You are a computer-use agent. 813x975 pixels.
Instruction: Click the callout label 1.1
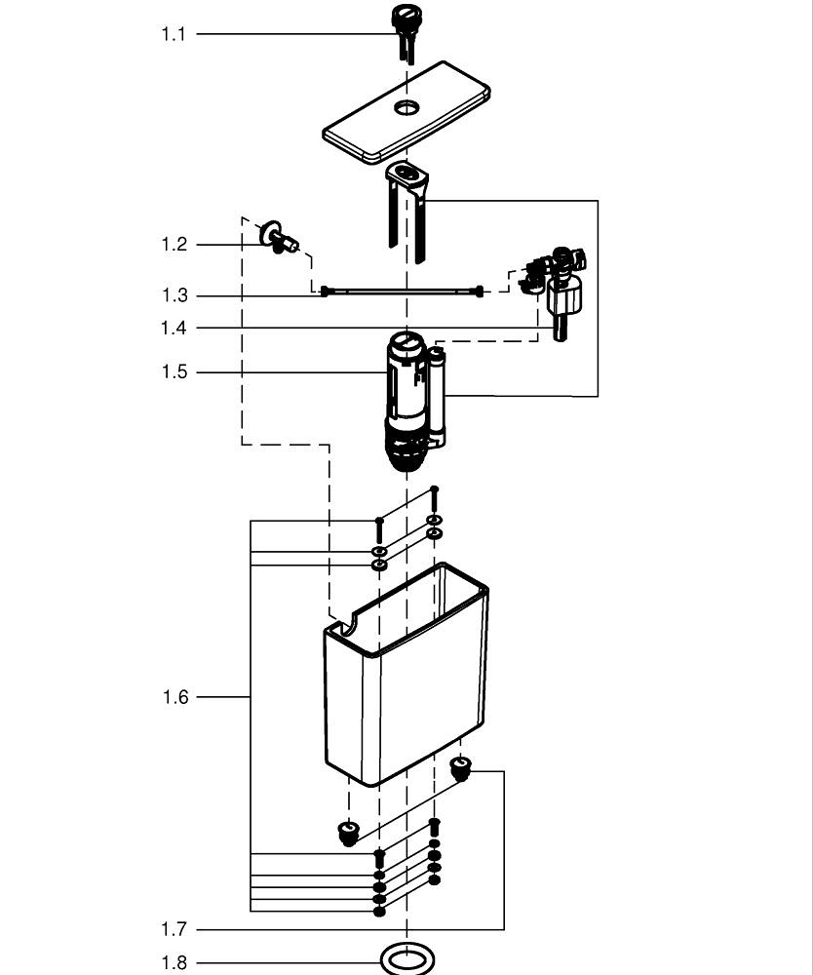(174, 34)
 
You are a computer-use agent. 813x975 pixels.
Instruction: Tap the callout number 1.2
(174, 245)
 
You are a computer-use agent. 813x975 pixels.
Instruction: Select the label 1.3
(174, 295)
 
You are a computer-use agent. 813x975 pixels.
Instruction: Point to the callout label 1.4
(174, 328)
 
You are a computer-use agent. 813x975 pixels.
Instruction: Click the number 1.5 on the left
(174, 371)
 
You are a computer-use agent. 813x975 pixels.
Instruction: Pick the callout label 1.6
(175, 697)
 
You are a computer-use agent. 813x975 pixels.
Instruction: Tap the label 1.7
(174, 929)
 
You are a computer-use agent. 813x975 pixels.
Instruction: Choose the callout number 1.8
(174, 963)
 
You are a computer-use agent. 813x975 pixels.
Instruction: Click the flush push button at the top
(407, 18)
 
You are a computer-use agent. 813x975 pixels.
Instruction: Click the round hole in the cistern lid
(406, 107)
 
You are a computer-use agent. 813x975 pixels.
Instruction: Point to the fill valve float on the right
(564, 297)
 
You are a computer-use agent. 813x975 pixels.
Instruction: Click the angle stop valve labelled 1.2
(279, 237)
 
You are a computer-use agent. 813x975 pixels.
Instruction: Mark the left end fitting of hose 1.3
(325, 291)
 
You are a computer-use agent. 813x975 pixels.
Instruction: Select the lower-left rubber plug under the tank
(348, 833)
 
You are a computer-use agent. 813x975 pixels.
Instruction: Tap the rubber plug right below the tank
(460, 769)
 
